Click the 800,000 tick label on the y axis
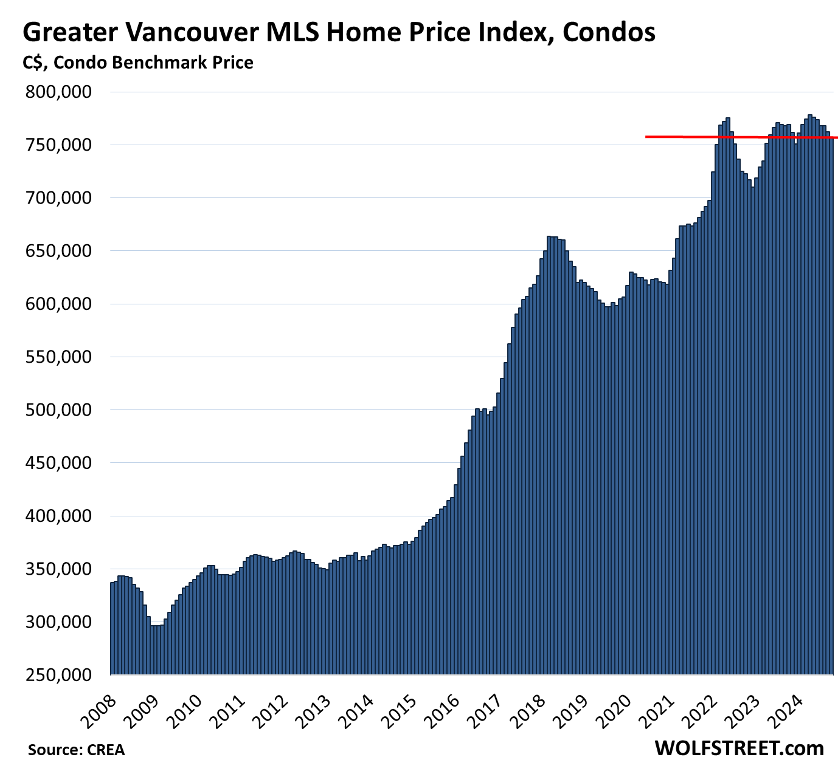pos(58,92)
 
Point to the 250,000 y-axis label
pos(58,675)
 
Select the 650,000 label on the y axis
pos(58,252)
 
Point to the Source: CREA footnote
pos(76,750)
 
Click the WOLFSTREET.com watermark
pos(739,748)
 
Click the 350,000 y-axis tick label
pos(58,569)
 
